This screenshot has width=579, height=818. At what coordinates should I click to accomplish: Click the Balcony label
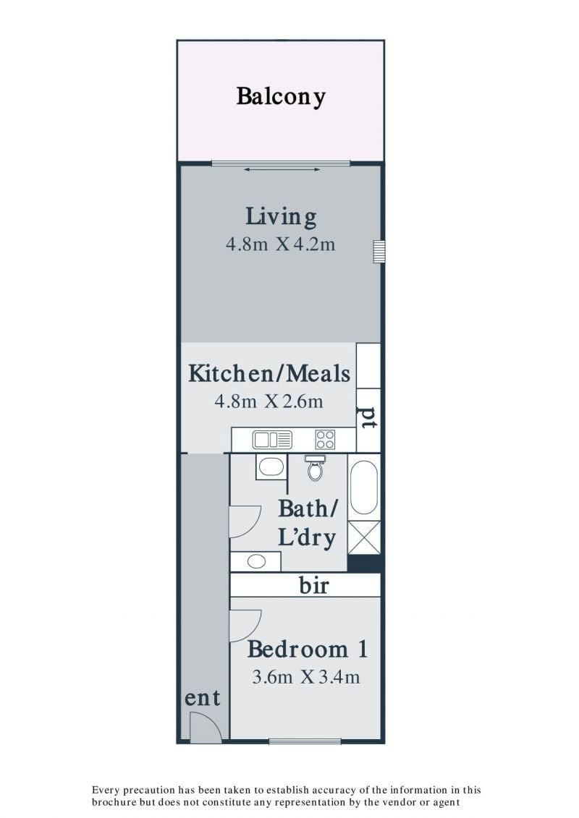point(281,96)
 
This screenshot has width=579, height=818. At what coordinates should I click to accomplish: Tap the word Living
point(281,216)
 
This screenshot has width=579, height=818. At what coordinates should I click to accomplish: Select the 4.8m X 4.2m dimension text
point(280,244)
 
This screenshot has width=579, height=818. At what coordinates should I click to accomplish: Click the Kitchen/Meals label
point(269,373)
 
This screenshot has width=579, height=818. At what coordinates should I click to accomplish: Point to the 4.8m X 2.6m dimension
point(269,401)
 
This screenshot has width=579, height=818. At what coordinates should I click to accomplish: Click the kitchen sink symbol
point(272,440)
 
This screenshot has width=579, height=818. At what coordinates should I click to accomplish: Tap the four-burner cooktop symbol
point(325,440)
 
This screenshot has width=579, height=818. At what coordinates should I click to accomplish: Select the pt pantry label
point(368,417)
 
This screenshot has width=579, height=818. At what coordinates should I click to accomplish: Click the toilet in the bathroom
point(315,467)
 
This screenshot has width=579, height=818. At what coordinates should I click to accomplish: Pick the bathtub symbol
point(364,487)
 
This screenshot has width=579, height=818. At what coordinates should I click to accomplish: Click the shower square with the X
point(364,537)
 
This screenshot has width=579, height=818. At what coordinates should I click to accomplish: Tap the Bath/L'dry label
point(308,523)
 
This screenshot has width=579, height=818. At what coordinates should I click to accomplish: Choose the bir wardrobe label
point(314,585)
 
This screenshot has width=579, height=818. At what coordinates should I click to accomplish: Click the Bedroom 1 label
point(308,649)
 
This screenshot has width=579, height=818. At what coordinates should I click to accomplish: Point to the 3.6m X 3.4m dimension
point(306,677)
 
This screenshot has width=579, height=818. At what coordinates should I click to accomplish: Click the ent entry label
point(203,698)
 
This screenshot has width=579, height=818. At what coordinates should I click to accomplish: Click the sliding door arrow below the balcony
point(282,169)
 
